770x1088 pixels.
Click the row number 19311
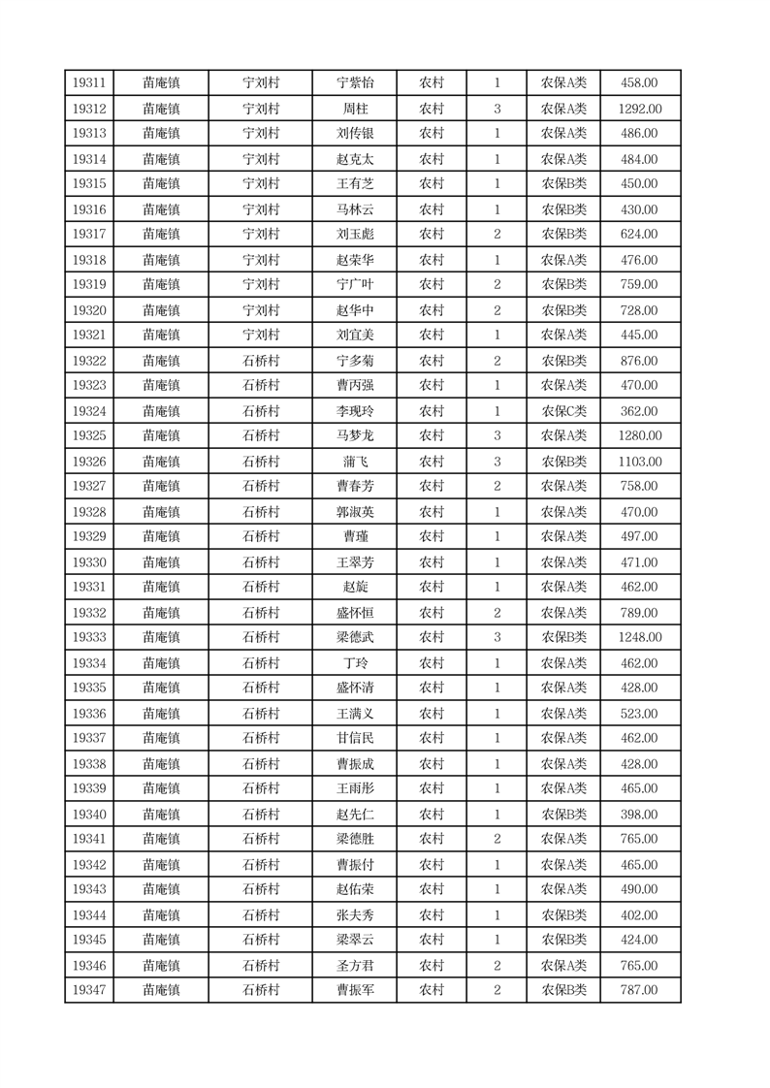pos(89,83)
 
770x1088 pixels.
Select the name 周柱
pos(354,109)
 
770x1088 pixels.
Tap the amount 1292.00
pos(639,109)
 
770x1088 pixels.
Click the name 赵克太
pos(354,159)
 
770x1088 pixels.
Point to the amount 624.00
pos(639,234)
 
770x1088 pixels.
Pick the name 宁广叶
pos(354,284)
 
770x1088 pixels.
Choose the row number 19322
pos(89,361)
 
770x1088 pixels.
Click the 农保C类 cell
pos(563,411)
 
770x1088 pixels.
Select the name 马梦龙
pos(354,435)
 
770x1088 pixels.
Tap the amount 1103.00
pos(639,462)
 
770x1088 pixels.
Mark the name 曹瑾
pos(354,536)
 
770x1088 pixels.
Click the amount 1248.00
pos(639,637)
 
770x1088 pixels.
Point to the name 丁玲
pos(354,663)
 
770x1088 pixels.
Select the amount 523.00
pos(639,714)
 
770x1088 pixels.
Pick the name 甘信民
pos(354,738)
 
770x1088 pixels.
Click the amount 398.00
pos(639,815)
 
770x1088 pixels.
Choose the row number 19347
pos(89,990)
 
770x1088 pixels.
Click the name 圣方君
pos(354,966)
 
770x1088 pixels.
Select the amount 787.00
pos(639,990)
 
